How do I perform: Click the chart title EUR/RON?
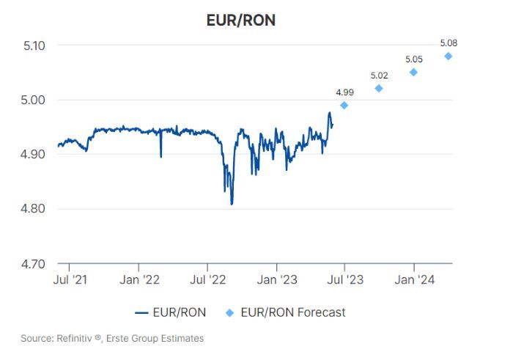click(241, 20)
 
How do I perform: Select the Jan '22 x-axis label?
click(139, 279)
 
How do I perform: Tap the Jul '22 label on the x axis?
click(207, 279)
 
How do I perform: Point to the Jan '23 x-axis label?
click(276, 279)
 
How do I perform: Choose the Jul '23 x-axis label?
click(344, 279)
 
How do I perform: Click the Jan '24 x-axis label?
click(413, 279)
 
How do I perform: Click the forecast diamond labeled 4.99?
click(344, 105)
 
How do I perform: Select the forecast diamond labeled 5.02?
click(379, 89)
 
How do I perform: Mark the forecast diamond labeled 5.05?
click(413, 72)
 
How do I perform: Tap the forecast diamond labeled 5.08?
click(448, 56)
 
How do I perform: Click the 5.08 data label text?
click(448, 43)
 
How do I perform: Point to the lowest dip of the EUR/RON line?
click(232, 204)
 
